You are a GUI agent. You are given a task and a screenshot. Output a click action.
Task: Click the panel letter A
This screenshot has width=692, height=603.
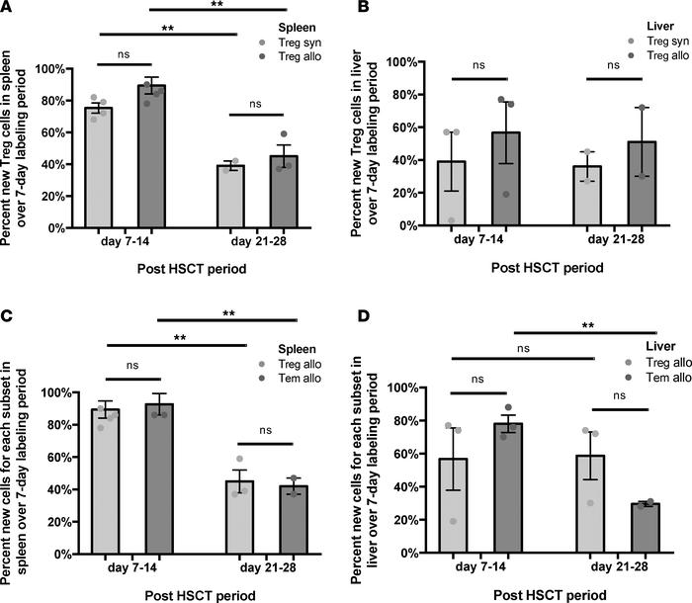[8, 11]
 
